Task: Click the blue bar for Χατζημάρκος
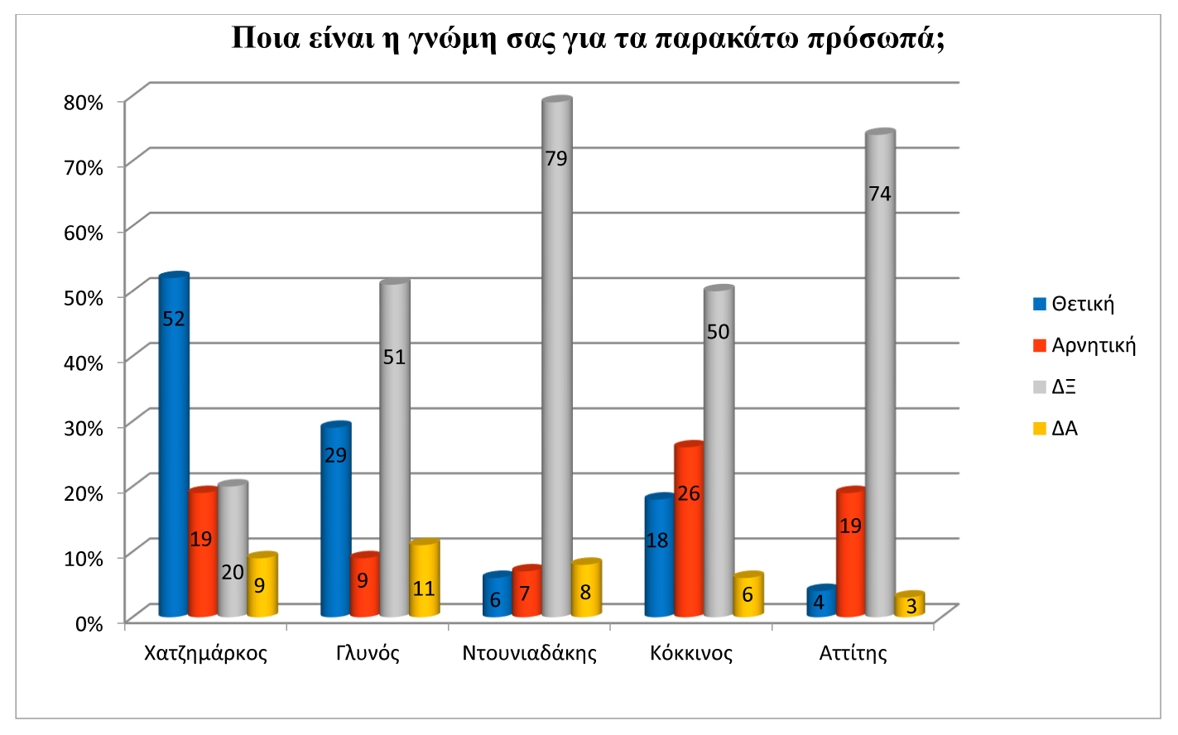(x=174, y=447)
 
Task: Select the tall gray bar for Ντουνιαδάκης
(x=556, y=356)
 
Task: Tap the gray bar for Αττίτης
(x=880, y=372)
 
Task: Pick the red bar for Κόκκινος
(x=689, y=530)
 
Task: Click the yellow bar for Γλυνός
(x=424, y=579)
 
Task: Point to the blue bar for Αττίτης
(x=821, y=602)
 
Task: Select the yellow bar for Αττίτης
(x=910, y=605)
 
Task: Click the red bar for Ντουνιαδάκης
(x=526, y=593)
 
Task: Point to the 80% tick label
(x=84, y=103)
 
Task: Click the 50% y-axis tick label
(x=84, y=298)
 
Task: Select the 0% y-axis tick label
(x=89, y=623)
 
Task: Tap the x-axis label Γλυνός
(x=368, y=653)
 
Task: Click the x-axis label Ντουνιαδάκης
(x=530, y=653)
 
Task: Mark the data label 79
(x=556, y=158)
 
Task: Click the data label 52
(x=174, y=319)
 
